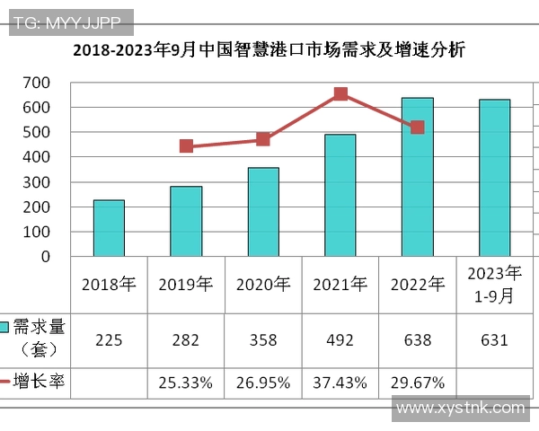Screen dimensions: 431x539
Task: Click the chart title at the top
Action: pos(269,50)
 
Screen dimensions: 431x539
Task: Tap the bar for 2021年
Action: pos(340,196)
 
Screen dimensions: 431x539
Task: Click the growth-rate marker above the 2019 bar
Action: pos(186,145)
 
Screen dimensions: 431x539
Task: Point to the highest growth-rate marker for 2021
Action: pos(340,94)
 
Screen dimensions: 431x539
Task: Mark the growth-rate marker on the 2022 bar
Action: pos(417,128)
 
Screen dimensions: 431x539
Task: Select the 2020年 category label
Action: pos(263,285)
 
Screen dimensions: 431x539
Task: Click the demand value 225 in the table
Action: pos(109,340)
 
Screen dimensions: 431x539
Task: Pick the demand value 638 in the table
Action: pos(417,340)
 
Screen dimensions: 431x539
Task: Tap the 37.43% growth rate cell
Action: pos(340,383)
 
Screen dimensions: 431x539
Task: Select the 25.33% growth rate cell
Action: pos(186,383)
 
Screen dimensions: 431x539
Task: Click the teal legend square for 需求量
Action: pos(4,328)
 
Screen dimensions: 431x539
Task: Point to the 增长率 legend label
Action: pos(44,382)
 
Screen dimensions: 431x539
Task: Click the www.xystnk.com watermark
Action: pos(460,409)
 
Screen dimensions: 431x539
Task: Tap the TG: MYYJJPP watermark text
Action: pos(71,20)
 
